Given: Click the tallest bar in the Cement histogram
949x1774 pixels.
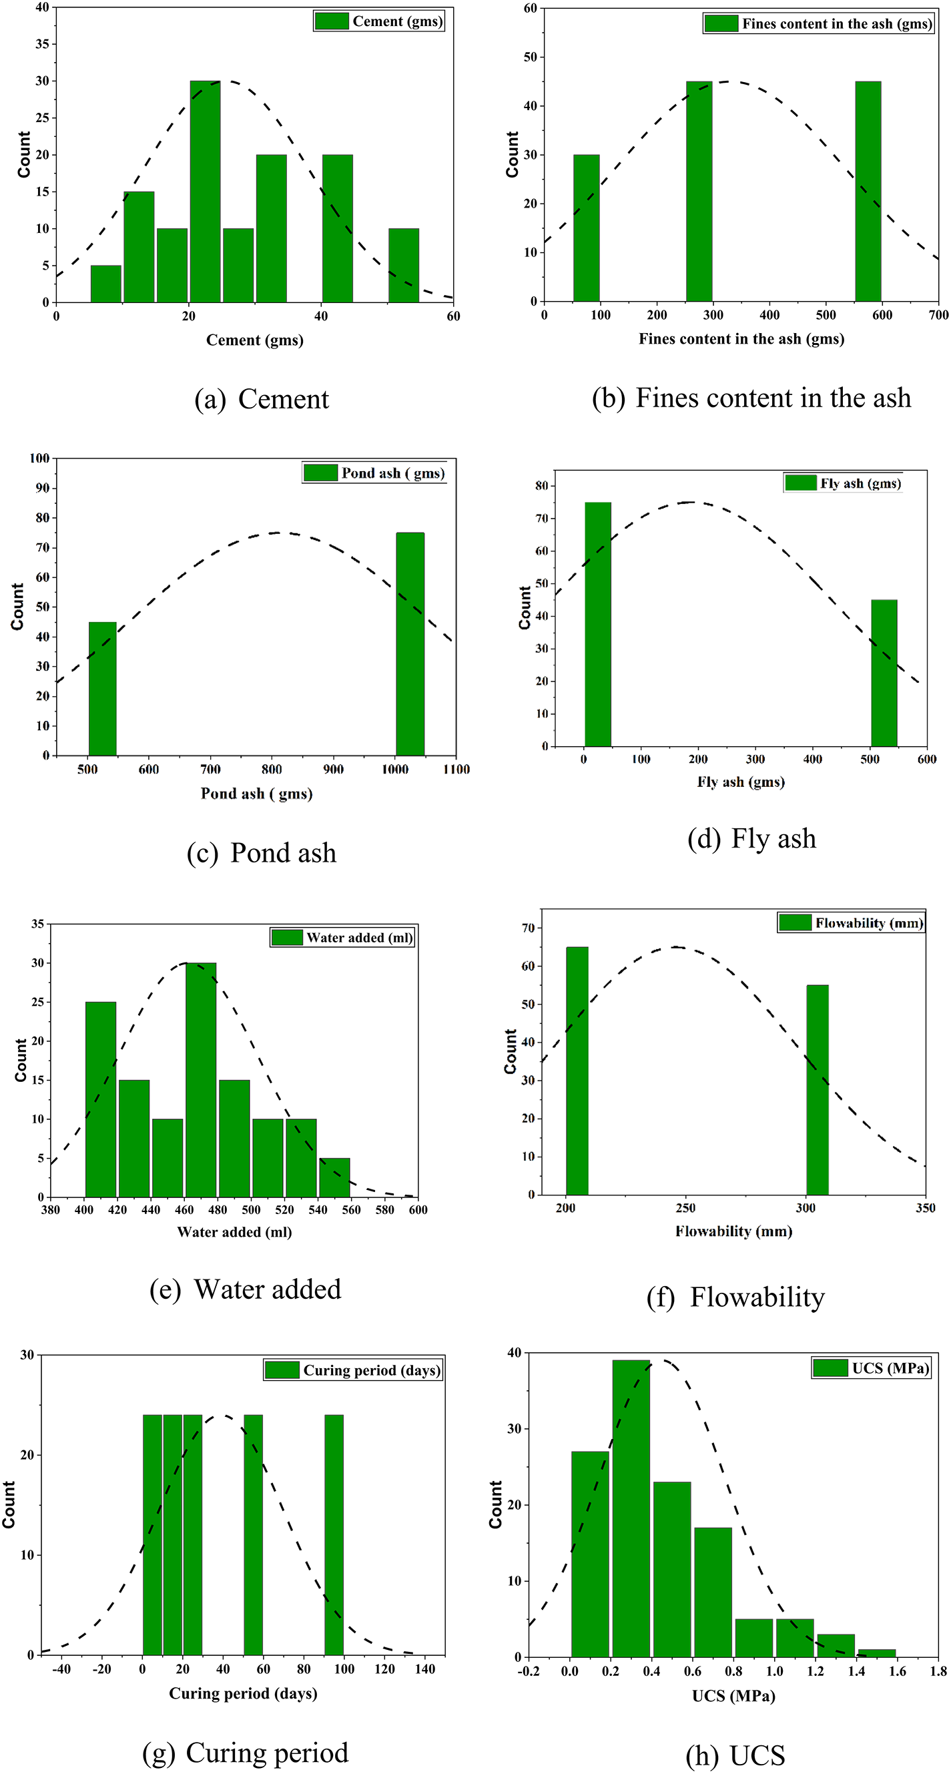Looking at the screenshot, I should (206, 193).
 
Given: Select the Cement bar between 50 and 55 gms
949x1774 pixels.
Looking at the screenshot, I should (404, 266).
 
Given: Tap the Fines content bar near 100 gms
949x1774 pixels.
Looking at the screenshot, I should (586, 229).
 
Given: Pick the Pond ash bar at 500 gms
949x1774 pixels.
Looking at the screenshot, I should (103, 689).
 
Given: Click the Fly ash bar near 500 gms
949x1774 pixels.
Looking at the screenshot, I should (884, 673).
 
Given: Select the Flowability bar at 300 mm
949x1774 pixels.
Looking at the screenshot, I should (817, 1090).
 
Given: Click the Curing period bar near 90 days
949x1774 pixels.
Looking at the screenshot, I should (333, 1535).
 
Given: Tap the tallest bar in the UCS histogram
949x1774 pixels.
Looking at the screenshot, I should (631, 1509).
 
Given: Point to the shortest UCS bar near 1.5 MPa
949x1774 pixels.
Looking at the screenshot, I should (876, 1653).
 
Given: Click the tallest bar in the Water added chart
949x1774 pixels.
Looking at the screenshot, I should (201, 1080).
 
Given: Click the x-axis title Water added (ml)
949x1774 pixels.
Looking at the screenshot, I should (234, 1232).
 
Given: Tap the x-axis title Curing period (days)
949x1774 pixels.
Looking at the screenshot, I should (243, 1693).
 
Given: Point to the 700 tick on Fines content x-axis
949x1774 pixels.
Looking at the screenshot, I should (938, 316).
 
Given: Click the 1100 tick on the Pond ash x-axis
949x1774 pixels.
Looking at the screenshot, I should (456, 770).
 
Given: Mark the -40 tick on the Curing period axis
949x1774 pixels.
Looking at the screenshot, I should (61, 1669).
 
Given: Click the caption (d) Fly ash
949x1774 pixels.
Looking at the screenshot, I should (751, 839).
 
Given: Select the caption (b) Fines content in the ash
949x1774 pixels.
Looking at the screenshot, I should (751, 398).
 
